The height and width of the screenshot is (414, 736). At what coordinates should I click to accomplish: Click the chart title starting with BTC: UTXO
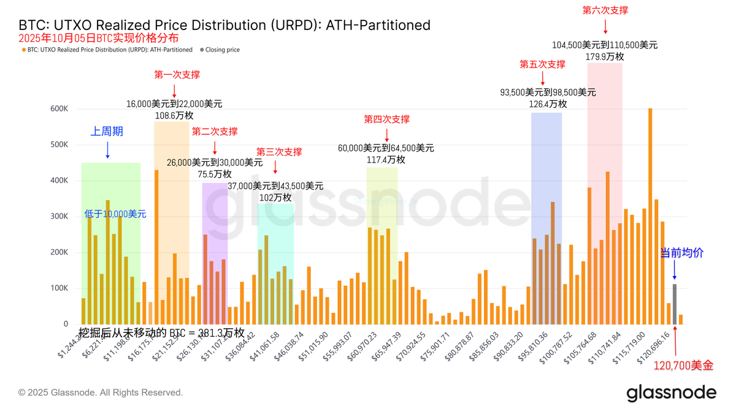(x=224, y=25)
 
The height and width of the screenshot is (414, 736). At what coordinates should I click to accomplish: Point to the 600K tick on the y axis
(x=59, y=109)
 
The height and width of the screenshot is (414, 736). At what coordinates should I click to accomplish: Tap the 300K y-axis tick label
(x=59, y=217)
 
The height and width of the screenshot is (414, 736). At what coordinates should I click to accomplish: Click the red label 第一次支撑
(x=177, y=75)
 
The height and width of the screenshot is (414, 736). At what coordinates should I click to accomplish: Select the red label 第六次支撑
(x=605, y=10)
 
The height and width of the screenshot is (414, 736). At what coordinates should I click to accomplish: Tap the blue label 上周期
(x=107, y=131)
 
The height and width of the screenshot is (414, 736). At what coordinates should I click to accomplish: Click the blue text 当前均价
(x=681, y=253)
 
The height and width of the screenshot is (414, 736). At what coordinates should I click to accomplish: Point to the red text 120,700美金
(x=683, y=366)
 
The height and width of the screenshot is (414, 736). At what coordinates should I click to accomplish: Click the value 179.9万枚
(x=605, y=56)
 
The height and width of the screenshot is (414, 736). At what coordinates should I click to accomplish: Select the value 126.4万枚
(x=548, y=104)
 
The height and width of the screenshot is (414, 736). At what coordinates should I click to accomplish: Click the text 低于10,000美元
(x=115, y=214)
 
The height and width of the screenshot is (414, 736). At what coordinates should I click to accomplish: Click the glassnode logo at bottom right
(x=671, y=393)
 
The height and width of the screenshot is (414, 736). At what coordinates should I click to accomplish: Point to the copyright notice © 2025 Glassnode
(x=101, y=393)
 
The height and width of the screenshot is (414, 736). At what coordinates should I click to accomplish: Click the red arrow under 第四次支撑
(x=386, y=134)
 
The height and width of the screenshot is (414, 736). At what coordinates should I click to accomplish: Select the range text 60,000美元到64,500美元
(x=386, y=148)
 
